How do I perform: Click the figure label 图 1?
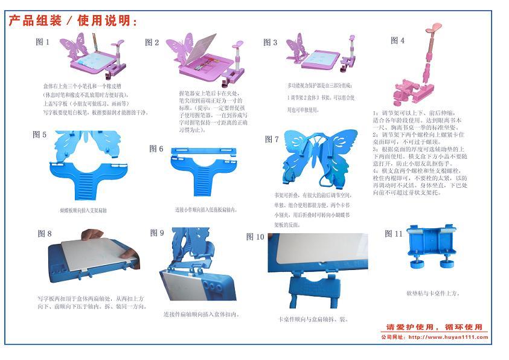coord(43,42)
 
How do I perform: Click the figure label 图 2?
coord(152,42)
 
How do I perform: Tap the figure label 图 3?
coord(270,42)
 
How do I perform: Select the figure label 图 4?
coord(397,40)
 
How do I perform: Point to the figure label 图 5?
coord(39,135)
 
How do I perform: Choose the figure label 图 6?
coord(156,149)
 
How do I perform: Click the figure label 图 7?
coord(272,139)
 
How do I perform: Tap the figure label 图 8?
coord(45,233)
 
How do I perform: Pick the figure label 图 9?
coord(157,233)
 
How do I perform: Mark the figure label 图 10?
coord(255,237)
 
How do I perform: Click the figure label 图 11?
coord(394,234)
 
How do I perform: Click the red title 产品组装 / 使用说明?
coord(73,21)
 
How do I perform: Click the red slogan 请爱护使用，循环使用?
coord(434,327)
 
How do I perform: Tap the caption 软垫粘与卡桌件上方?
coord(434,294)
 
